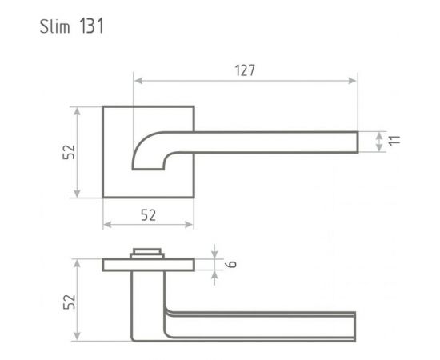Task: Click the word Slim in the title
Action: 56,26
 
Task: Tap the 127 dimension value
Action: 245,70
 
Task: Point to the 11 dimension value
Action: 393,141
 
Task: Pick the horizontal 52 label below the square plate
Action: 148,214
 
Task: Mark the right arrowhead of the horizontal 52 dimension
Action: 190,224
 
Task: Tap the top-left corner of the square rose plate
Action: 103,106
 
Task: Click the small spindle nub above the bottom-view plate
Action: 148,254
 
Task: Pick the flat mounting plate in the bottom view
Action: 148,265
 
